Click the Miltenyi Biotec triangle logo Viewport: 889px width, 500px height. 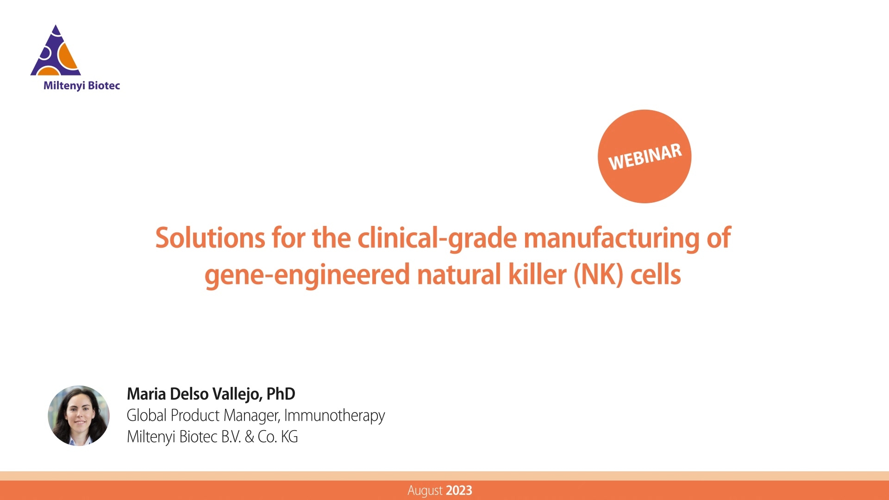click(56, 52)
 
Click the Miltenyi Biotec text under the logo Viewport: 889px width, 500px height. click(81, 86)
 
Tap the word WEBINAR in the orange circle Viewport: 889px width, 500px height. click(645, 156)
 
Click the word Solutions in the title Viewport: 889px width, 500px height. click(210, 238)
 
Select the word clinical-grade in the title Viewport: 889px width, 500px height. click(437, 238)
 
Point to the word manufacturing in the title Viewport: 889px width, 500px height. click(611, 238)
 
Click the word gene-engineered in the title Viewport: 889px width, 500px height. click(307, 275)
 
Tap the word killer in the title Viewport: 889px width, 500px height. click(537, 275)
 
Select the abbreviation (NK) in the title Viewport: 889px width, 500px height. click(598, 275)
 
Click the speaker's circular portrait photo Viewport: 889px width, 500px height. click(79, 415)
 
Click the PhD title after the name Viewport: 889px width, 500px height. click(281, 394)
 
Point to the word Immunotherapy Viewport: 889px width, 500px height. click(334, 415)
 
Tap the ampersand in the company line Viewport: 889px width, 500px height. click(249, 437)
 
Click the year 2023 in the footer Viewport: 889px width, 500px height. click(459, 490)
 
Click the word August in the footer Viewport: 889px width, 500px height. click(425, 490)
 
